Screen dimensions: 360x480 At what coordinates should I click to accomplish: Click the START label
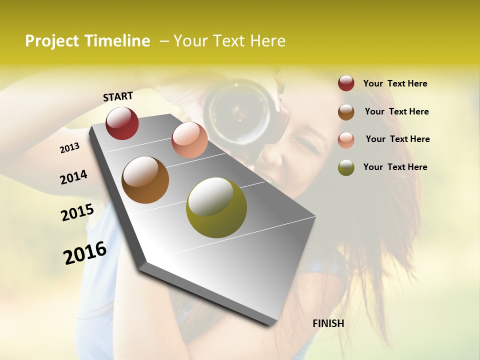(118, 96)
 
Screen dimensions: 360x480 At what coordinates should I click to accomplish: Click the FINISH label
(328, 323)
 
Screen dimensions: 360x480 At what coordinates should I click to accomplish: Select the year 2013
(69, 148)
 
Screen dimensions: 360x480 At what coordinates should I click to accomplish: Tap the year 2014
(73, 177)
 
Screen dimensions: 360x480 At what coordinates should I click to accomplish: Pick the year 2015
(77, 212)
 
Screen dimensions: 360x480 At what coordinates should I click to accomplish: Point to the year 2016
(85, 252)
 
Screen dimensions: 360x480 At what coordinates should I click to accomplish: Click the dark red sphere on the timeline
(122, 123)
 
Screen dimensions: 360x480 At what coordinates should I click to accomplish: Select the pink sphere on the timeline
(189, 139)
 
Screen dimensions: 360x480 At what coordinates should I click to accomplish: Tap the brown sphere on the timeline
(145, 180)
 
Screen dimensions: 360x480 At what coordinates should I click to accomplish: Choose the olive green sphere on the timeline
(216, 207)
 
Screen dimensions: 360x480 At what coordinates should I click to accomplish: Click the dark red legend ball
(346, 83)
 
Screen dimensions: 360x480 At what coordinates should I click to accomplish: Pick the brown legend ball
(346, 111)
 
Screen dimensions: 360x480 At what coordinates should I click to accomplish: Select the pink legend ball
(346, 139)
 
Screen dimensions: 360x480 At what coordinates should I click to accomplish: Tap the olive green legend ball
(346, 167)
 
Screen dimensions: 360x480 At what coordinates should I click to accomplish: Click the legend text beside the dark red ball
(395, 83)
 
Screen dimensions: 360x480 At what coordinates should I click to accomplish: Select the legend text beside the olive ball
(395, 167)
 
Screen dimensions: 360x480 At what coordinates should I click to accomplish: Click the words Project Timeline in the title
(87, 41)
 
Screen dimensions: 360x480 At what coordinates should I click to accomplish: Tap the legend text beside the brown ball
(396, 111)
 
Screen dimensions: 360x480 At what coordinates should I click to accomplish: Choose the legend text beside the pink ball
(397, 139)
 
